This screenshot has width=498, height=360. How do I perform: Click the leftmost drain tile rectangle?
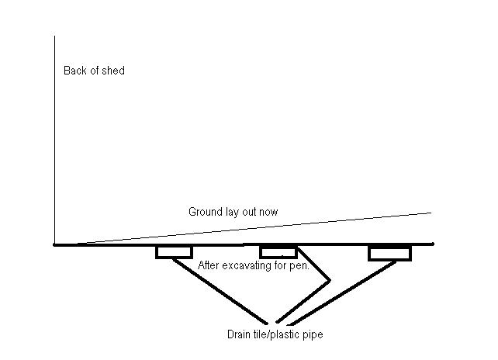tap(173, 251)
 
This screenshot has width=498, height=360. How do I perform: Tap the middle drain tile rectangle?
tap(278, 251)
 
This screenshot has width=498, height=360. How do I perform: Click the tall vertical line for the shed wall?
tap(55, 140)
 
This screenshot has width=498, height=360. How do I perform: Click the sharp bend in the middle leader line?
tap(331, 279)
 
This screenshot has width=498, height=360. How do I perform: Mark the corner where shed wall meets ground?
tap(55, 244)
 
